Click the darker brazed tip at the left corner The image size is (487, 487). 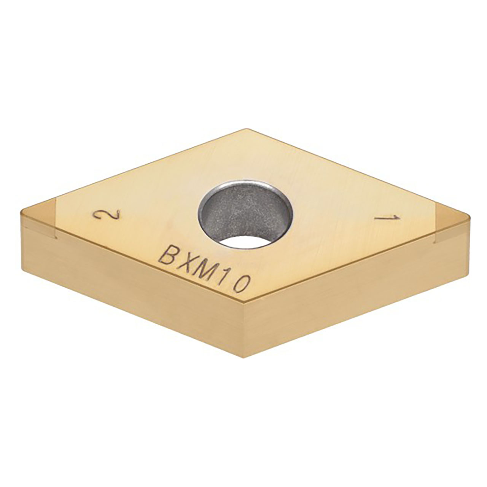coord(38,217)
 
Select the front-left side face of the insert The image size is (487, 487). coord(133,289)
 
